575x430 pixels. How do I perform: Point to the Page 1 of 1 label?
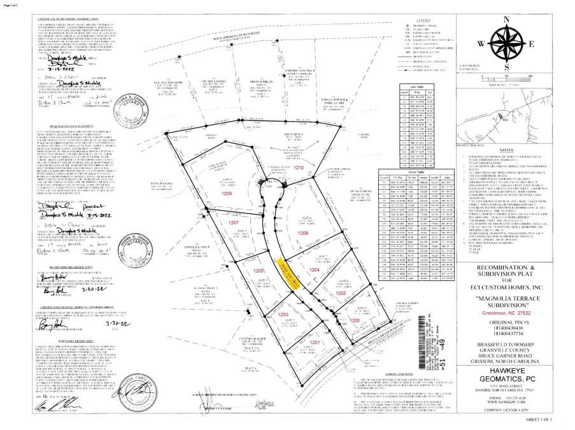13,4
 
